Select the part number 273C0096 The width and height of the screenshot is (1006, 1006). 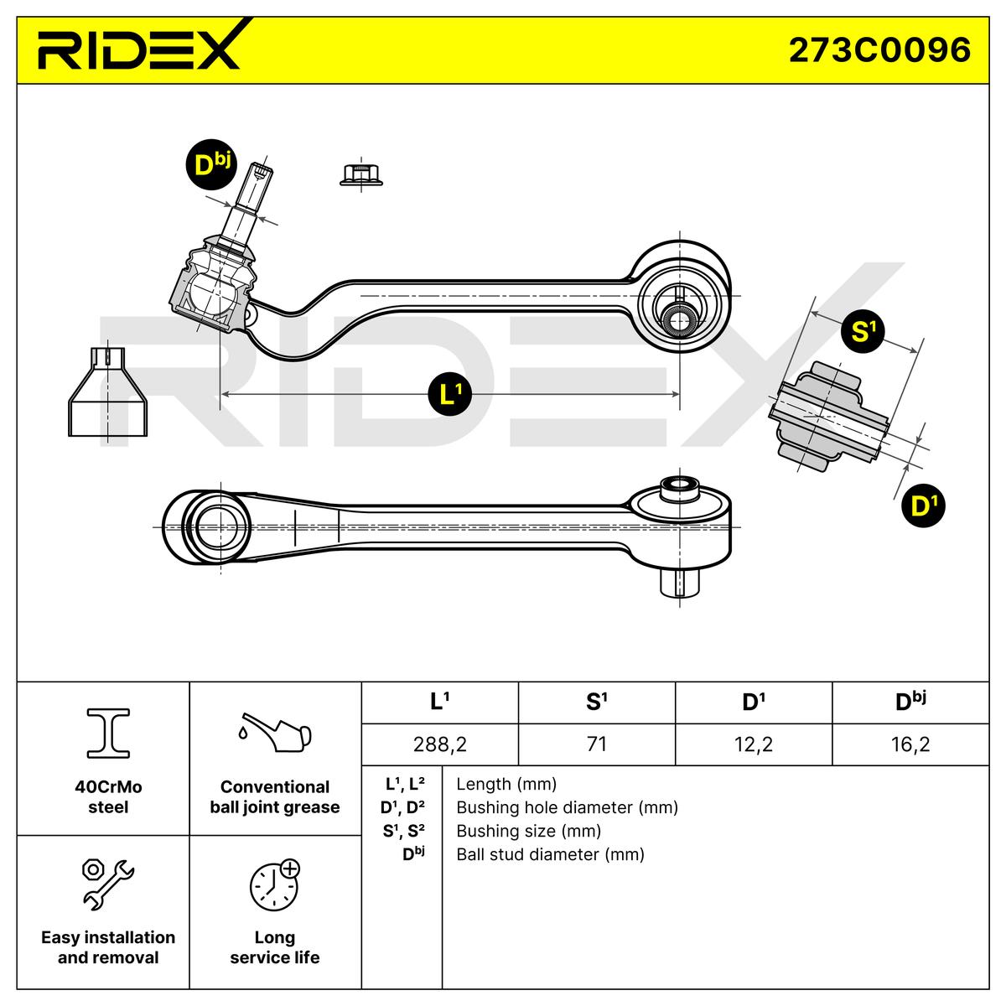879,49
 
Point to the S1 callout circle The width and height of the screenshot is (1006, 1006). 863,331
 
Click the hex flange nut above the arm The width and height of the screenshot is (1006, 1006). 361,174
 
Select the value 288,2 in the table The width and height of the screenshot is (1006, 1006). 439,744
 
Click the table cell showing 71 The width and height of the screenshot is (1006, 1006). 596,744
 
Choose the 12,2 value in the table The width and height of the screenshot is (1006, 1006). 753,744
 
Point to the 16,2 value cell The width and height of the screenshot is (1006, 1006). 910,744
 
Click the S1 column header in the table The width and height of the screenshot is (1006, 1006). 596,702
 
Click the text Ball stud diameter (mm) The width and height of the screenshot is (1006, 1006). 550,854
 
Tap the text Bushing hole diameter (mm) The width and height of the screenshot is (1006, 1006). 567,807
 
